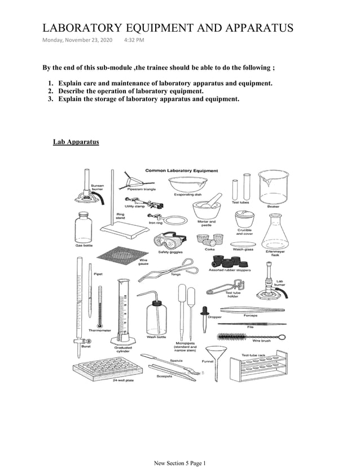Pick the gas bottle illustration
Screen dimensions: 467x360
coord(84,227)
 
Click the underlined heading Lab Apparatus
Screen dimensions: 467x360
coord(76,142)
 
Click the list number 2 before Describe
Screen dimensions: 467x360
coord(50,91)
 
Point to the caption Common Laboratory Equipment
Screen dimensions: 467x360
coord(182,170)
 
